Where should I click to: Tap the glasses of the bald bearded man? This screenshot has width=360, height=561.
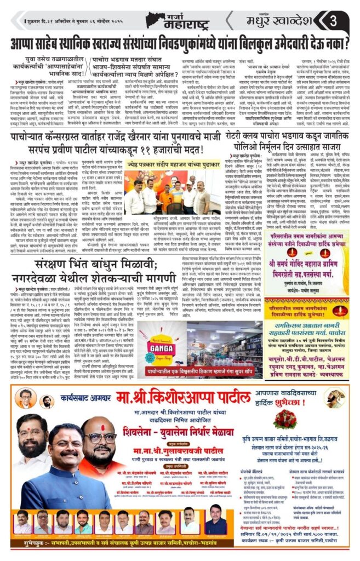100,438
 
